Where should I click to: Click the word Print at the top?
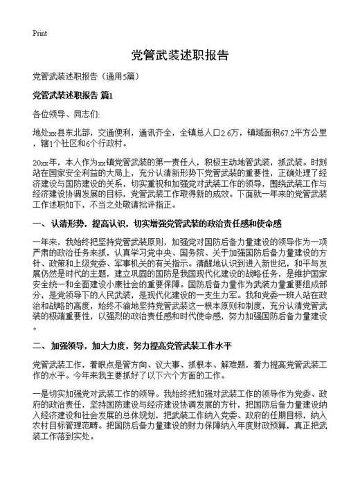(x=39, y=33)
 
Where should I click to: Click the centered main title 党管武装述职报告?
(x=179, y=55)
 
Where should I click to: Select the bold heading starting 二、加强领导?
(x=138, y=345)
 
